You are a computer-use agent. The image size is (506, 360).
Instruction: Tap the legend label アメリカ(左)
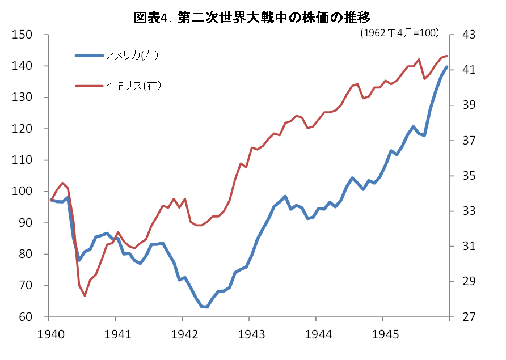click(x=131, y=56)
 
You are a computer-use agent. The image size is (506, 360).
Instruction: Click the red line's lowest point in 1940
click(x=85, y=295)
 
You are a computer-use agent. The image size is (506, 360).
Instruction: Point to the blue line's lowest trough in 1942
click(x=205, y=307)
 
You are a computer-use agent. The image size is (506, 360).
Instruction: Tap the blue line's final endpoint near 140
click(x=446, y=67)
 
